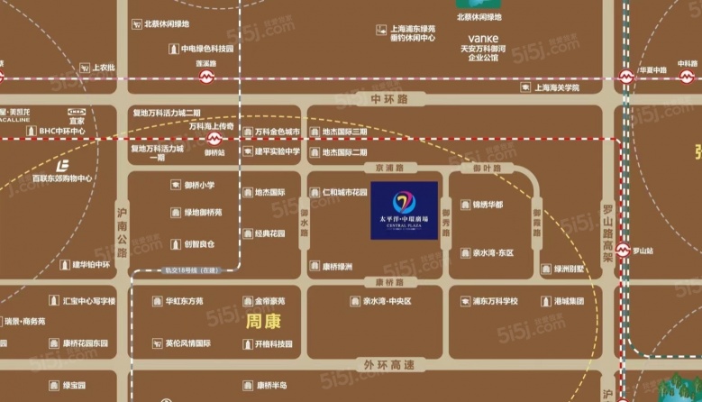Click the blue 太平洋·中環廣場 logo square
(x=404, y=210)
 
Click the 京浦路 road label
(x=390, y=168)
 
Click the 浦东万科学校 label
(x=488, y=301)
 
